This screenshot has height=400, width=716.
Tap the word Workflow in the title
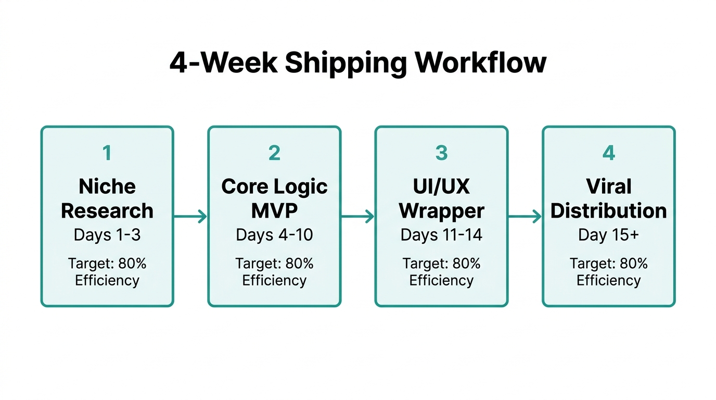tap(481, 63)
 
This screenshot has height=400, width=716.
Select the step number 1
tap(107, 153)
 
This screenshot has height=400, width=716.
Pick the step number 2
tap(274, 153)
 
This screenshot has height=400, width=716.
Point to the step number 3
tap(441, 153)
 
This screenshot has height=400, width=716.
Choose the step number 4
tap(608, 153)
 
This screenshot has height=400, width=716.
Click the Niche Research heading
tap(107, 198)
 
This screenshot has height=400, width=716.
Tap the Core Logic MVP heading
tap(274, 198)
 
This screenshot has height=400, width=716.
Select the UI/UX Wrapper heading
tap(441, 198)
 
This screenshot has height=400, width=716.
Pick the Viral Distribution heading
tap(608, 198)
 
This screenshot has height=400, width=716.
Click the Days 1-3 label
tap(107, 235)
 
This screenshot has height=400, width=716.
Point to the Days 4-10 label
tap(274, 235)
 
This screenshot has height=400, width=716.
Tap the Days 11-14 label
tap(441, 235)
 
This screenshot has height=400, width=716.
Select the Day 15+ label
tap(608, 235)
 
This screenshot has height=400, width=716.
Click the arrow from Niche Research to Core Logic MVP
tap(190, 217)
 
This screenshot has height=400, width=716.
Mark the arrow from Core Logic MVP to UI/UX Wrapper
tap(357, 217)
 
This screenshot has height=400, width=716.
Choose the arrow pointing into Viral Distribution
tap(525, 217)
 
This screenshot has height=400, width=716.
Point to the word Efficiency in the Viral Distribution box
tap(608, 281)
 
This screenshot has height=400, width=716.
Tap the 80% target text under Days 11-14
tap(466, 264)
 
